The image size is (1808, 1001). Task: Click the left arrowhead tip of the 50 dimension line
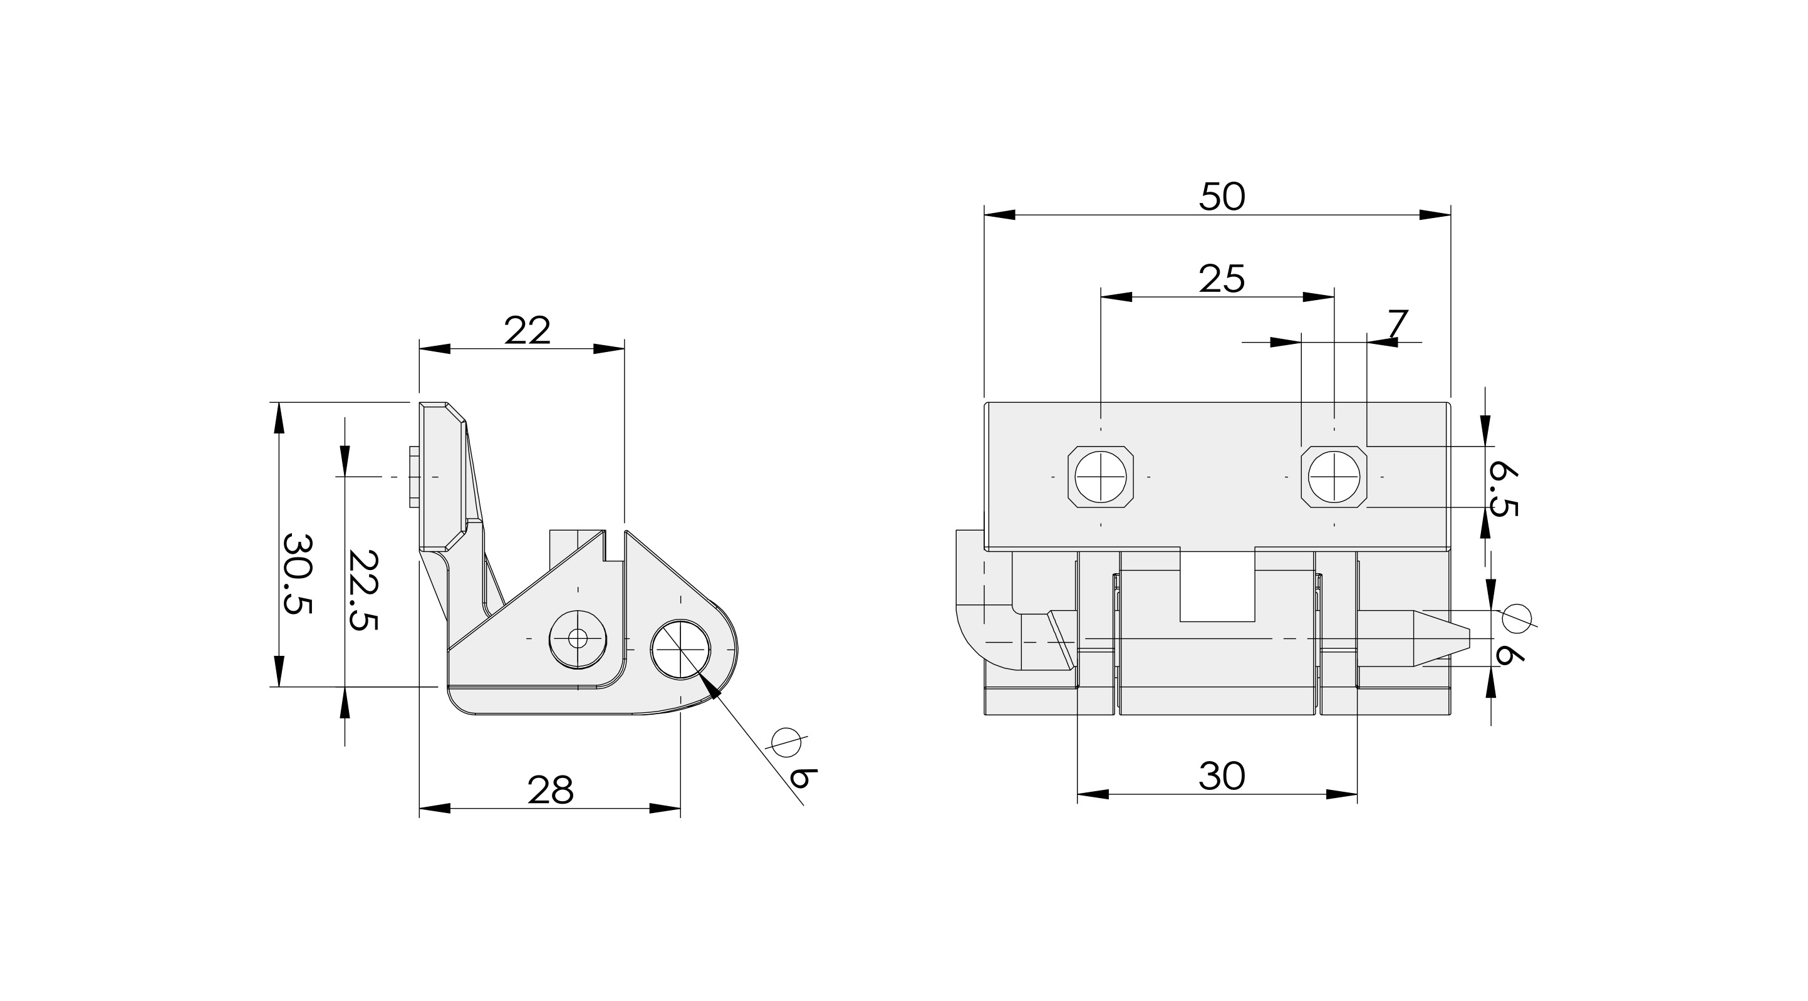coord(985,215)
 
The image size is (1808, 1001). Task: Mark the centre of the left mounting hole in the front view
coord(1101,477)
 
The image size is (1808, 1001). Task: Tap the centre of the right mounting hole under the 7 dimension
coord(1334,477)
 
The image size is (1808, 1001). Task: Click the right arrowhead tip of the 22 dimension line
coord(624,349)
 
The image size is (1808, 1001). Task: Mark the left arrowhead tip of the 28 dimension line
coord(420,809)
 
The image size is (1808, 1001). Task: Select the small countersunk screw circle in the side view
coord(578,638)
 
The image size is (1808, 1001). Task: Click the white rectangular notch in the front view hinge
coord(1217,586)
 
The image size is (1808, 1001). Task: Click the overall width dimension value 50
coord(1222,197)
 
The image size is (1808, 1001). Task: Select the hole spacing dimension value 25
coord(1222,279)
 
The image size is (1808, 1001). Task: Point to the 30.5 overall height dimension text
coord(297,574)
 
